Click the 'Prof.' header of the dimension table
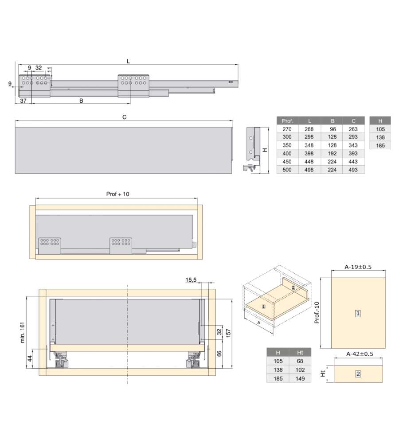(x=287, y=121)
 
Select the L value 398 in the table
(x=309, y=153)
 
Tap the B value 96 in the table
(x=333, y=129)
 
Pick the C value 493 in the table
(x=353, y=170)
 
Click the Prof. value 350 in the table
(x=287, y=145)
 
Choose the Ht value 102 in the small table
(x=300, y=370)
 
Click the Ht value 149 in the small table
(x=300, y=379)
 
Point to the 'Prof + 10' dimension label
(x=117, y=194)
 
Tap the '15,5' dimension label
(x=191, y=280)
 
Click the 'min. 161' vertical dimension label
(x=23, y=333)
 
